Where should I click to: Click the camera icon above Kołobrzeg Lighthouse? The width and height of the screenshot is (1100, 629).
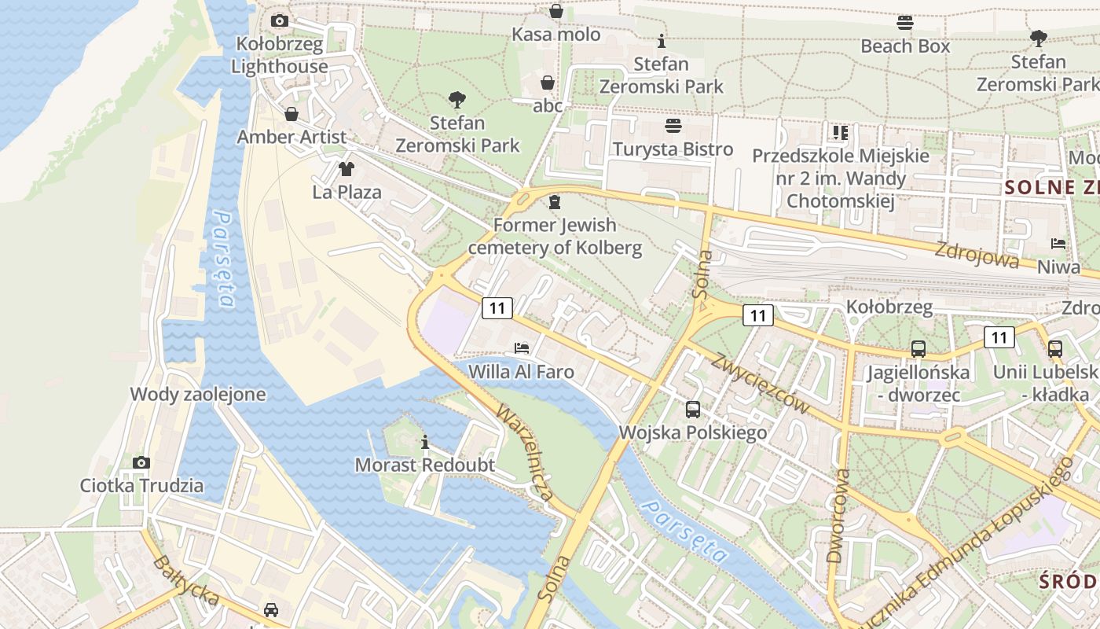point(279,20)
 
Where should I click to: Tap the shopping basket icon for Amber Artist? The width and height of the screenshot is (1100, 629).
point(291,115)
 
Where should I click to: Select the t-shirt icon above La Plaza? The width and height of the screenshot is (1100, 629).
point(346,168)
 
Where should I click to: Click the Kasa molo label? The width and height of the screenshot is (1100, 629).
point(556,35)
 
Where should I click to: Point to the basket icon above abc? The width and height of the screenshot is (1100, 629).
point(548,83)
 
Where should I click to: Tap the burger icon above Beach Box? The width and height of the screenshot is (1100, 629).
point(905,23)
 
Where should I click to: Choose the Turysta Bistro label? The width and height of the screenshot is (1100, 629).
point(673,149)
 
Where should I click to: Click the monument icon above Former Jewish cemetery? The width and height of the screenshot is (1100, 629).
point(555,203)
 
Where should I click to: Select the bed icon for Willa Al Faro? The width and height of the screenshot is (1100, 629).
point(521,348)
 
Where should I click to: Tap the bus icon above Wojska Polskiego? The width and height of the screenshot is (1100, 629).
point(692,409)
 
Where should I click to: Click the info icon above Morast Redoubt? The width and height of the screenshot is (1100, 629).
point(425,442)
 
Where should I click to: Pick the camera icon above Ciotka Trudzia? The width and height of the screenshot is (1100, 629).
point(141,462)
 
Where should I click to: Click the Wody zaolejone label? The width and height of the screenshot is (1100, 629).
point(198,394)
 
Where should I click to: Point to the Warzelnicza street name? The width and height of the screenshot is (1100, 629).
point(525,454)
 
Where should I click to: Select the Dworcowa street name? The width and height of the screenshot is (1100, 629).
point(838,516)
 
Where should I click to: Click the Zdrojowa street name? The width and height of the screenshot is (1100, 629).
point(977,255)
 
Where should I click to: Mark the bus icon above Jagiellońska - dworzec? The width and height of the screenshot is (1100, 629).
point(918,348)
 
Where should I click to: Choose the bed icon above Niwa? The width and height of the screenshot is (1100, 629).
point(1058,244)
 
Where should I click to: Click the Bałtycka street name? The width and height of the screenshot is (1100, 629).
point(186,581)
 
